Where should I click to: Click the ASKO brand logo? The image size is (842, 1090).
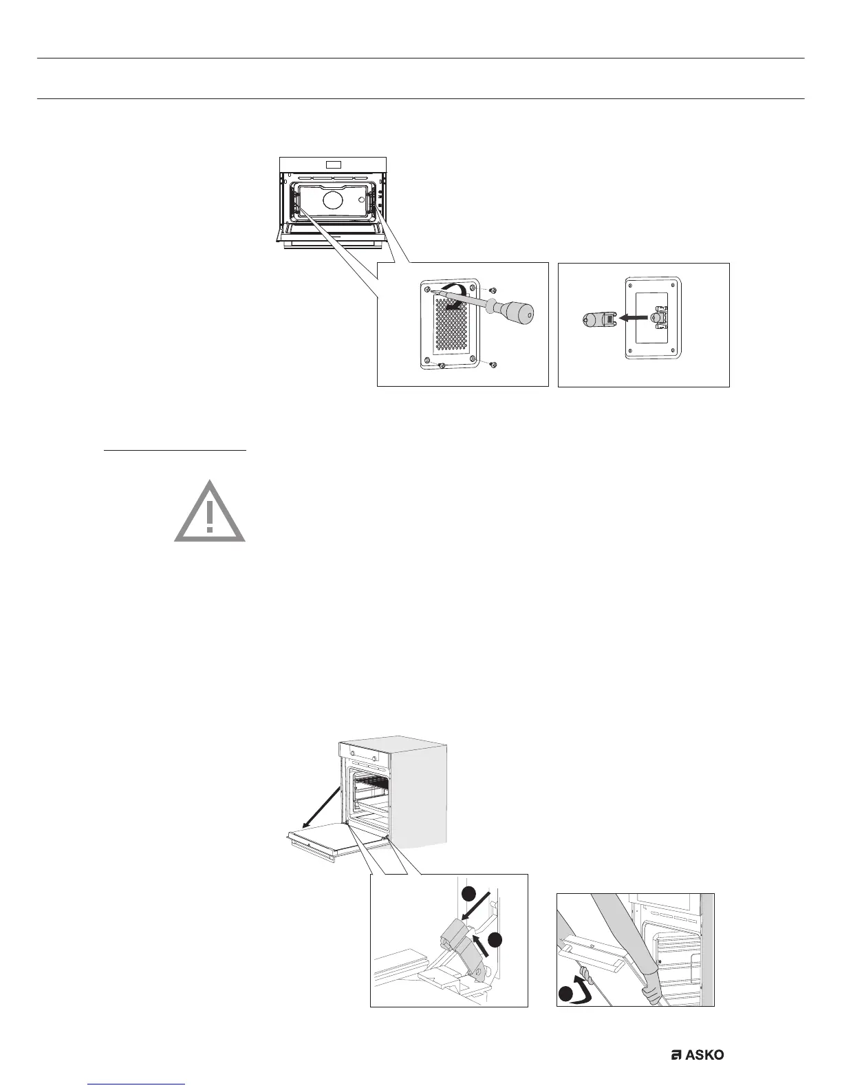[698, 1055]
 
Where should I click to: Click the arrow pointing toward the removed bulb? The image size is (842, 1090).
[633, 319]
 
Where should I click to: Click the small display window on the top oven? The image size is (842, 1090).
[334, 165]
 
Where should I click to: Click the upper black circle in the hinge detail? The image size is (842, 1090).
[468, 893]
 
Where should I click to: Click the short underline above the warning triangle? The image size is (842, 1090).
[175, 451]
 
